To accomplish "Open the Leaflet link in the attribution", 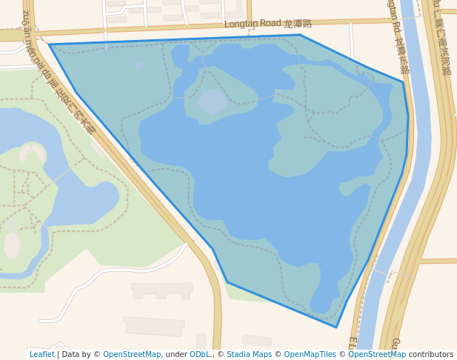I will click(x=41, y=354).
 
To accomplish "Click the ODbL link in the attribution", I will click(x=200, y=354).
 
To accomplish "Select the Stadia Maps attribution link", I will click(x=249, y=354).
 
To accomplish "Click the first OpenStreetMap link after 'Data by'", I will click(x=132, y=354).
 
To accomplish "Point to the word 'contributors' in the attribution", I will click(x=431, y=354).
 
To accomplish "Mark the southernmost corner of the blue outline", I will click(x=336, y=327).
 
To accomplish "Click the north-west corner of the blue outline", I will click(x=50, y=44).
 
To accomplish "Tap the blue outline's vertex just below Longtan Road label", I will click(x=300, y=35).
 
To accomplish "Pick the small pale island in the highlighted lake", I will click(x=213, y=101).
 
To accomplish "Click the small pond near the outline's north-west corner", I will click(x=139, y=65).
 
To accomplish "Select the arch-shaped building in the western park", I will click(x=32, y=153).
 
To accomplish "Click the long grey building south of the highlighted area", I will click(x=154, y=325).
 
